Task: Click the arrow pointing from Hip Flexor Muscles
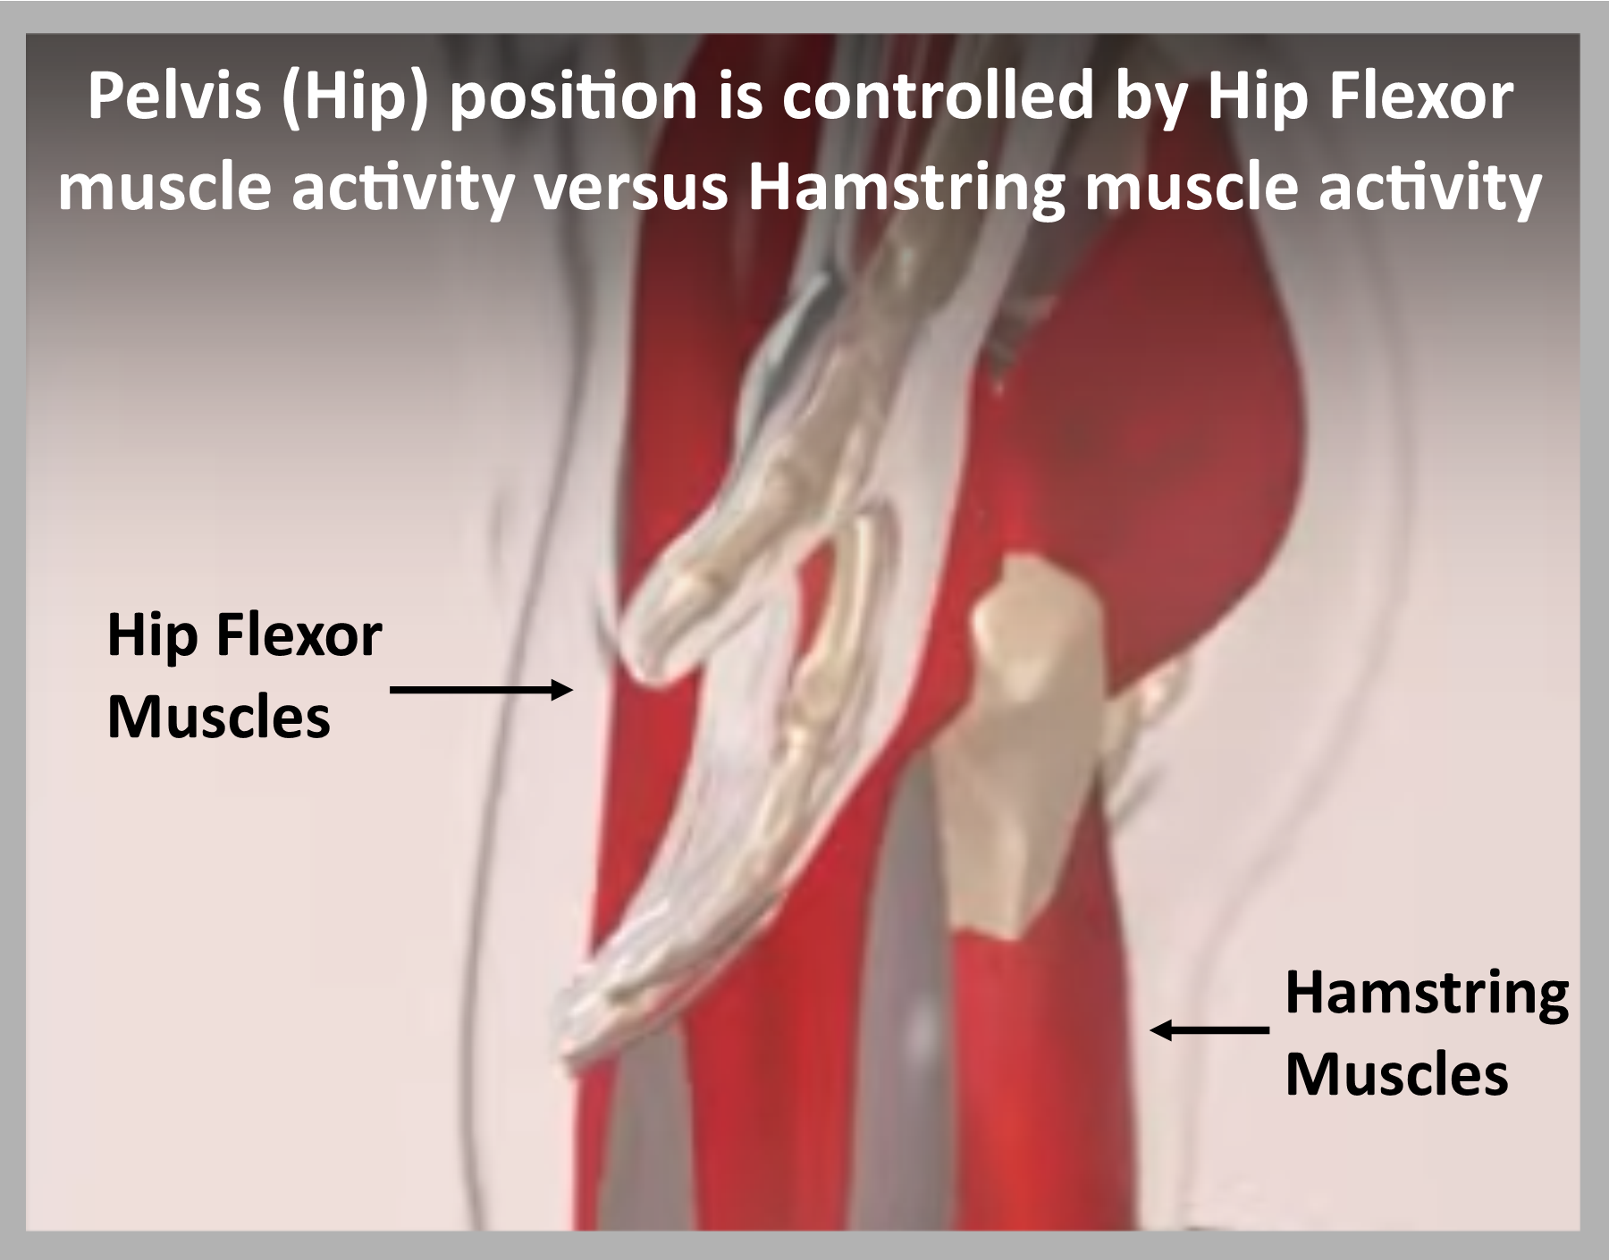coord(482,689)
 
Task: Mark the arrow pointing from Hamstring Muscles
coord(1209,1030)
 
